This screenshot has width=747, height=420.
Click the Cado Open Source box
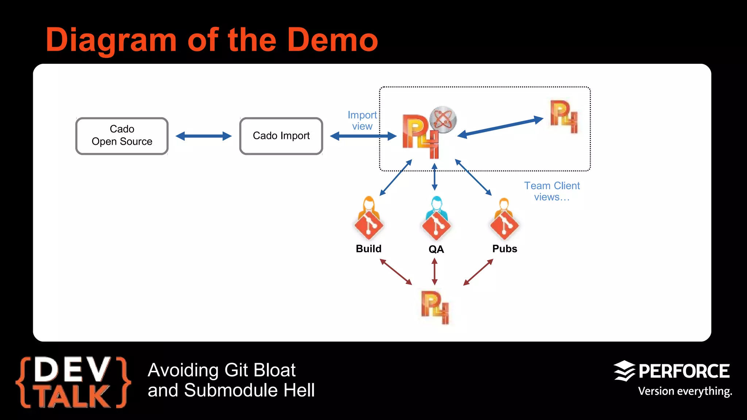(122, 136)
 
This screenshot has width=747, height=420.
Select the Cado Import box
(281, 136)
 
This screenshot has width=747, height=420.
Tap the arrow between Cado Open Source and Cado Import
(204, 136)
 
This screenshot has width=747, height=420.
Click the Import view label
(362, 121)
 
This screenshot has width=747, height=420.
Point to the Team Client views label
(551, 191)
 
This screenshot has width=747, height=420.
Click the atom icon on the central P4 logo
(443, 120)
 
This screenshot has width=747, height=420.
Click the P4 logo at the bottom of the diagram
(435, 307)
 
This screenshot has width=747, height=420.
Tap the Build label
(368, 249)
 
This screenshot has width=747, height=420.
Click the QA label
(436, 249)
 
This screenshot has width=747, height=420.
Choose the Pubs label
(504, 249)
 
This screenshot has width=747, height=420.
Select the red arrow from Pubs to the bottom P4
(478, 272)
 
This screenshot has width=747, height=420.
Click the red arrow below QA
(434, 272)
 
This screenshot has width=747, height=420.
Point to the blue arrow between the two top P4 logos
(500, 127)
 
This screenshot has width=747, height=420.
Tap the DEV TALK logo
(73, 382)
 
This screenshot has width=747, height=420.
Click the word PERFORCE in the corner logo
(684, 372)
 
